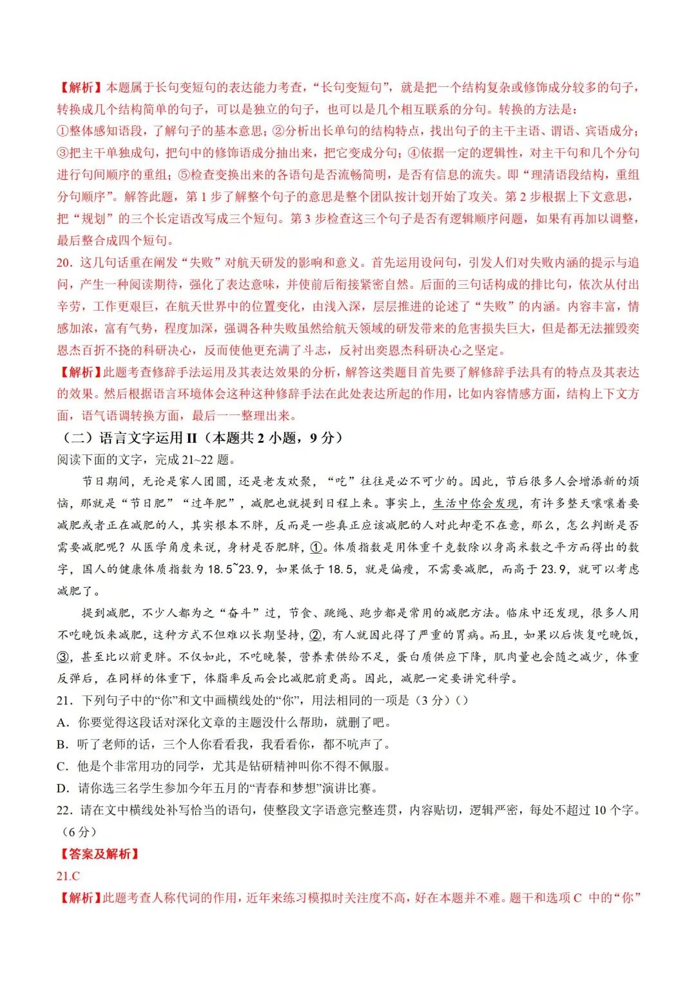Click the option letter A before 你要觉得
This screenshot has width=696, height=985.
click(x=63, y=723)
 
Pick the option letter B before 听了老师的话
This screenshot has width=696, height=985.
click(x=63, y=745)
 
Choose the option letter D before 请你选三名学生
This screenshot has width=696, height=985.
click(x=63, y=788)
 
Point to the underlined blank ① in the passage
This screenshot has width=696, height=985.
click(x=316, y=547)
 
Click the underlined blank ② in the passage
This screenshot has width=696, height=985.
click(x=316, y=635)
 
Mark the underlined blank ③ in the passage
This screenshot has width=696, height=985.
click(x=63, y=657)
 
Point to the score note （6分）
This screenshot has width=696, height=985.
click(x=76, y=832)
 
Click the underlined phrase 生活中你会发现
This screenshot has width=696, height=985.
click(x=475, y=503)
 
